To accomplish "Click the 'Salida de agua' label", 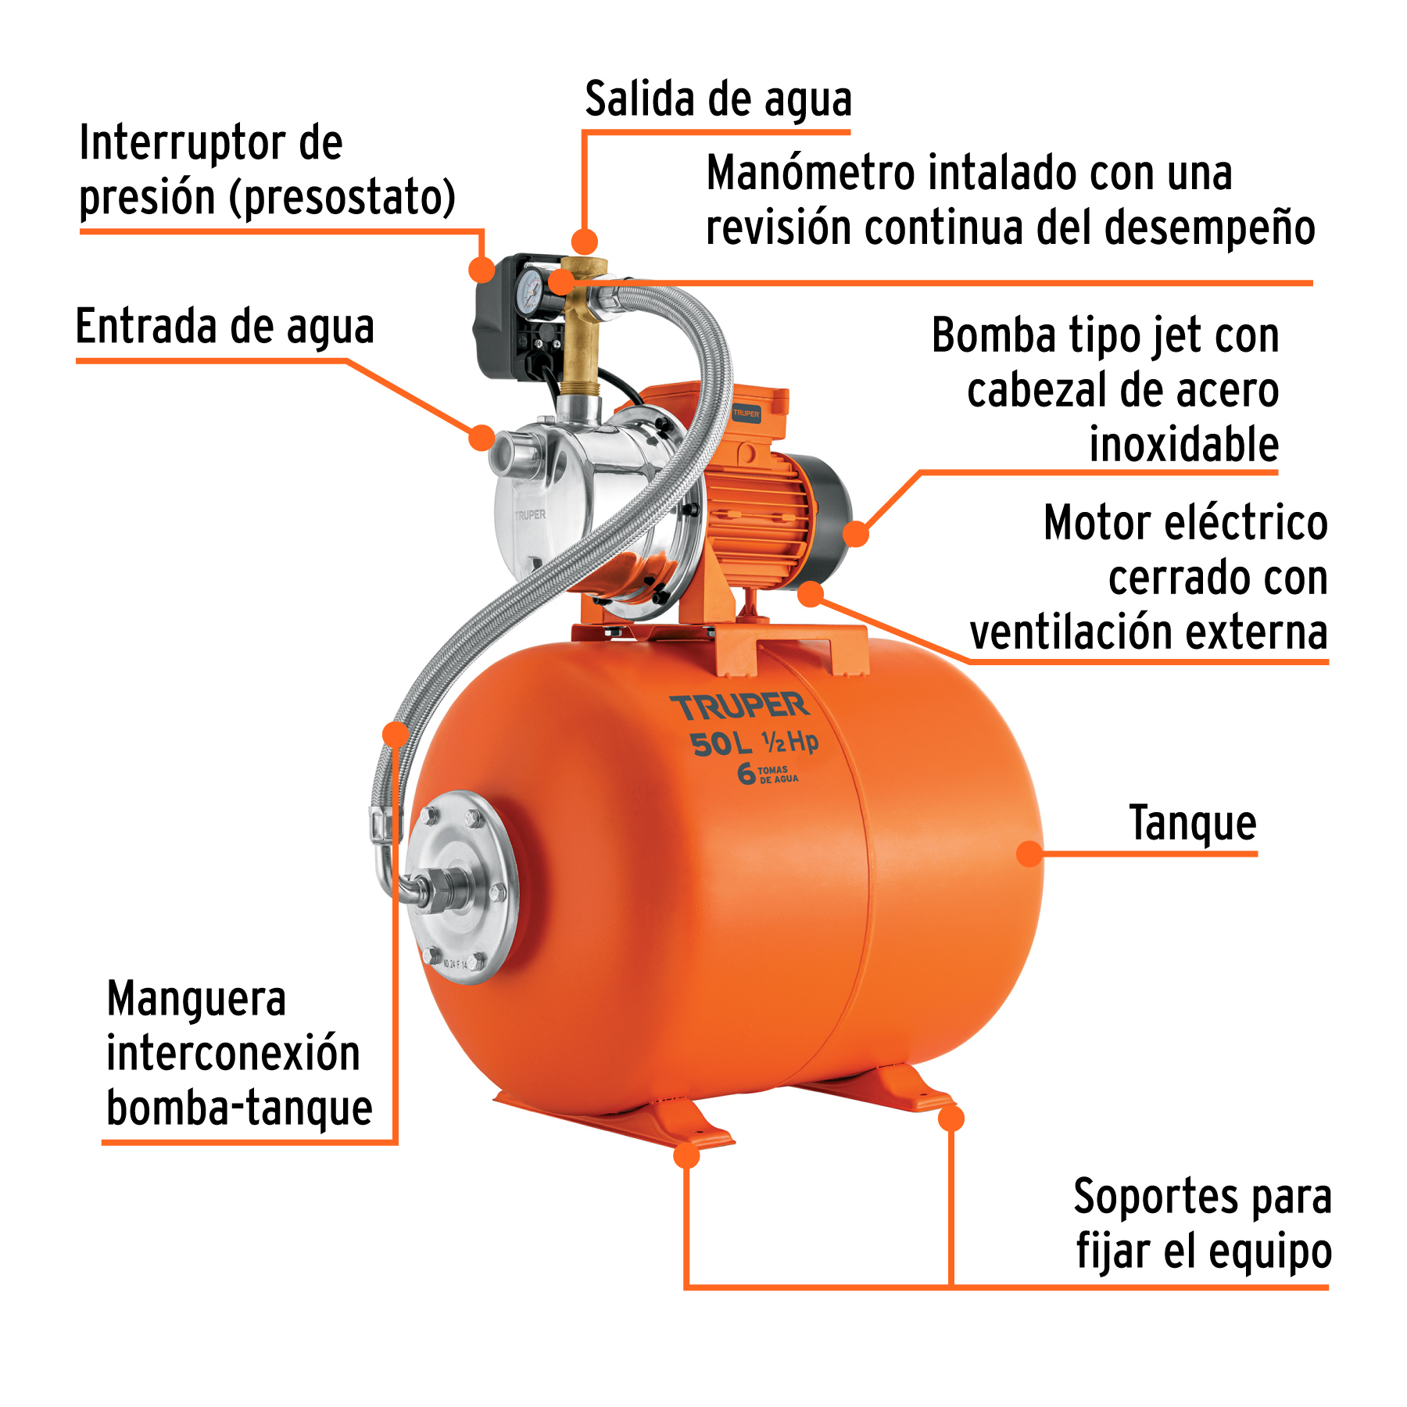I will tap(718, 100).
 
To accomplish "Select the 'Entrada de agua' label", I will tap(225, 327).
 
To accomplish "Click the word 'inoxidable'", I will tap(1183, 445).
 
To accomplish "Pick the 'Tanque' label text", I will tap(1193, 823).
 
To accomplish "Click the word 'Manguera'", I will tap(196, 999).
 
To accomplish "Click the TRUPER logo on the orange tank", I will tap(739, 707).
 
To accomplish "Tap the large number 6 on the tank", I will tap(746, 773).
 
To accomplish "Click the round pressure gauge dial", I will tap(532, 290).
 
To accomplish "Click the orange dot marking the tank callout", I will tap(1030, 854).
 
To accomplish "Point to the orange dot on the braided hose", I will tap(396, 733).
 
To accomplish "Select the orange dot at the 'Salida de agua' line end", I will tap(584, 242).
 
